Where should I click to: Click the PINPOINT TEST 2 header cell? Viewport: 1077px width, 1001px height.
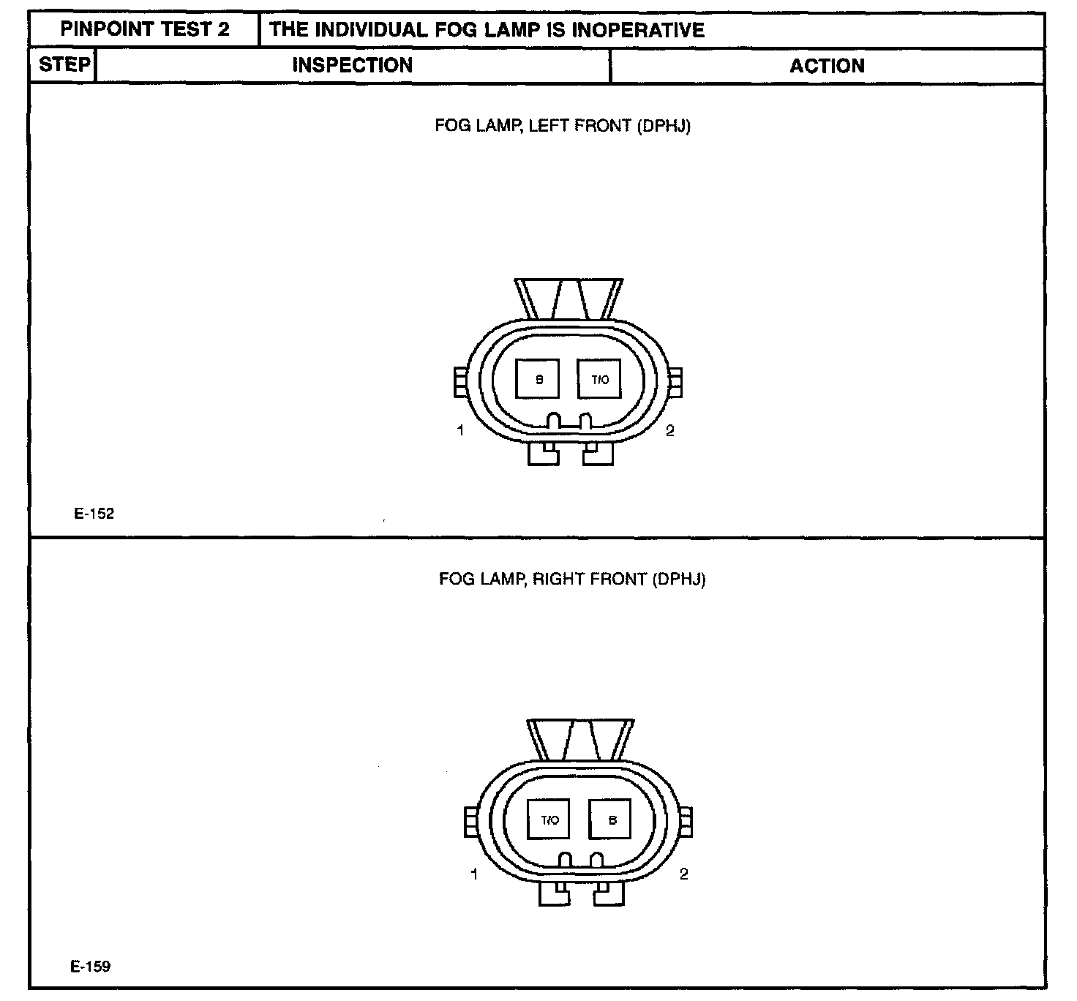coord(145,29)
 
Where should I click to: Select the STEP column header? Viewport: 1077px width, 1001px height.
coord(64,64)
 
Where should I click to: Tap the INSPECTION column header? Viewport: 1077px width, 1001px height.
coord(353,65)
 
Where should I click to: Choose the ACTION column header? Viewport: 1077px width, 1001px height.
coord(827,66)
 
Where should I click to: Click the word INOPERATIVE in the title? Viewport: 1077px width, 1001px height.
coord(638,30)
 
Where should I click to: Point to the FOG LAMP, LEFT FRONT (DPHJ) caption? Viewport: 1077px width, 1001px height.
coord(563,126)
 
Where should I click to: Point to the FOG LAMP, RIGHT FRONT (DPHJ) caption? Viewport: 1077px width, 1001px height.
coord(572,579)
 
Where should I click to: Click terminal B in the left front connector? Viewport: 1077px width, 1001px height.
coord(538,379)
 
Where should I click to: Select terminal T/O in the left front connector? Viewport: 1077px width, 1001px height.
coord(599,379)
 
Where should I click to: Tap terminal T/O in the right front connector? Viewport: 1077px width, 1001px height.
coord(549,820)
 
